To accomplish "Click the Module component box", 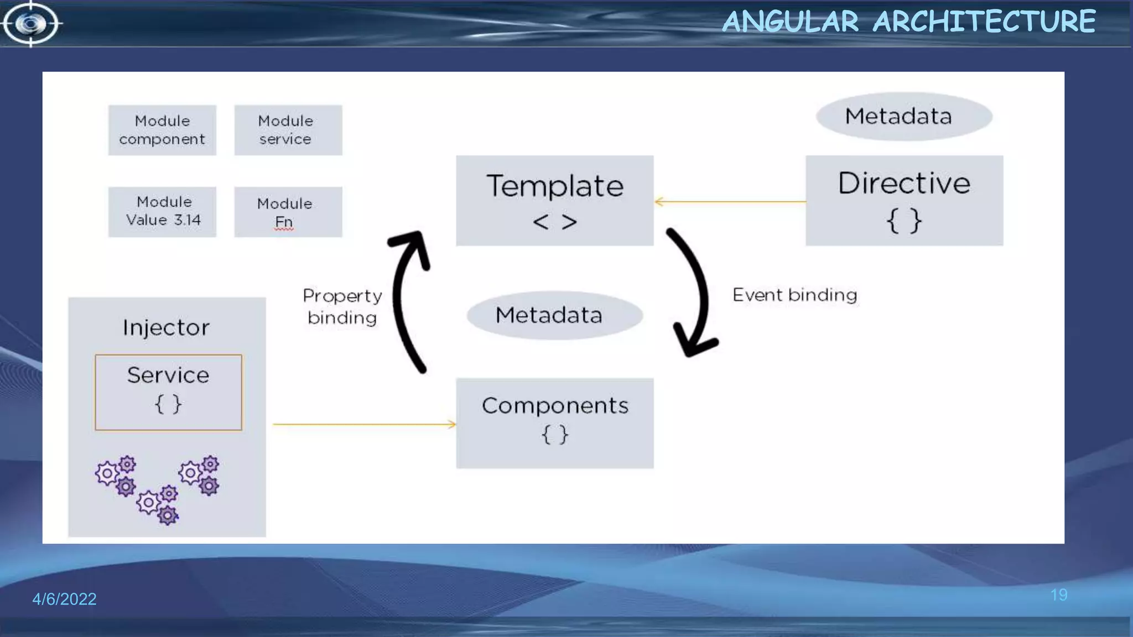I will point(162,130).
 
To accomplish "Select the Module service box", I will point(288,130).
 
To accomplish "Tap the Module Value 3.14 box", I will point(162,211).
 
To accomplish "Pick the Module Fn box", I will point(288,211).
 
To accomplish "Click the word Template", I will point(554,186).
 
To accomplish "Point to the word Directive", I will point(903,183).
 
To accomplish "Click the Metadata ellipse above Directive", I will point(903,116).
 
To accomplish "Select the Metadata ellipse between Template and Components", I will point(554,315).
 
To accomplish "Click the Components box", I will point(554,423).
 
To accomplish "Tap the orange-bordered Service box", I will point(168,391).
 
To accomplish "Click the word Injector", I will point(166,327).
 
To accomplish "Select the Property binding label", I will point(342,306).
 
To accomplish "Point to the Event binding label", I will point(794,295).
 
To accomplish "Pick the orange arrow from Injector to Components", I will point(364,424).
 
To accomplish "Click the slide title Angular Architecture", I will point(908,22).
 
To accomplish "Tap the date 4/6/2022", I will point(64,599).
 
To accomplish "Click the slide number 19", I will point(1058,595).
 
